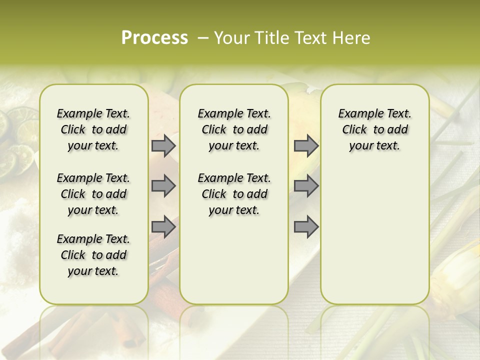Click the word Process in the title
(x=154, y=38)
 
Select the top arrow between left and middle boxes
(x=163, y=146)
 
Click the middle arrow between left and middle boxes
(x=163, y=186)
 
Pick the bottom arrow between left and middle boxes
(x=163, y=227)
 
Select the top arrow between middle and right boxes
(x=306, y=146)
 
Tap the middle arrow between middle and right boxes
(x=306, y=186)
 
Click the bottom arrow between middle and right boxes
(x=306, y=227)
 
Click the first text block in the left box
(x=93, y=129)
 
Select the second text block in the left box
(x=93, y=194)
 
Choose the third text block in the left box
(x=93, y=255)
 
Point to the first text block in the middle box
(x=234, y=129)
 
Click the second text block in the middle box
(x=234, y=194)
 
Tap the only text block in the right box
(x=374, y=129)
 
